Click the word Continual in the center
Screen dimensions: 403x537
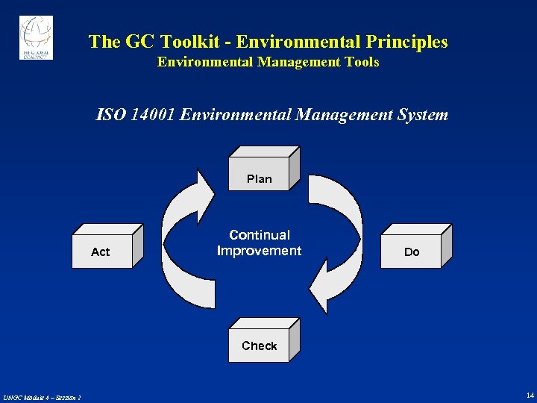pos(260,235)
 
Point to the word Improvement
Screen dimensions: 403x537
pos(259,251)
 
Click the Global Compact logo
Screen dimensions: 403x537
pos(36,38)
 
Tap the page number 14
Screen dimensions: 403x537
pos(530,395)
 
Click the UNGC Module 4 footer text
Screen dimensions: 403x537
pos(42,397)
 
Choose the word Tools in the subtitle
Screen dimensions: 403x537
pos(362,63)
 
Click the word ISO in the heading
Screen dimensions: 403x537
pos(108,115)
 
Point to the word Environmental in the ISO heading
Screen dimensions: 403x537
pos(236,115)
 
